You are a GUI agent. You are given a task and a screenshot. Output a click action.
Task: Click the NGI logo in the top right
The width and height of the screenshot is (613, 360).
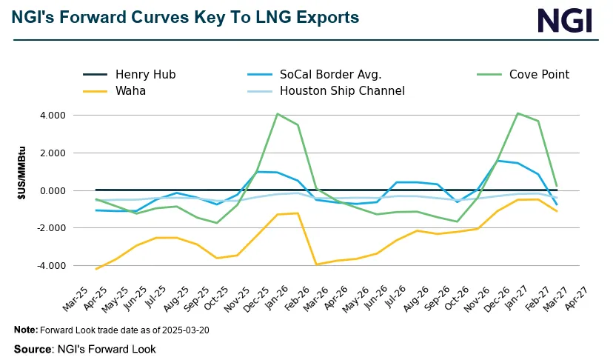click(x=564, y=20)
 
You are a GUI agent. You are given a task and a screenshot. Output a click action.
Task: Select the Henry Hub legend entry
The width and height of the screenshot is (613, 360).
click(x=145, y=74)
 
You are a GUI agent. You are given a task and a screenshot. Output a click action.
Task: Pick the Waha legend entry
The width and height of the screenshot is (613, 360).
click(x=130, y=92)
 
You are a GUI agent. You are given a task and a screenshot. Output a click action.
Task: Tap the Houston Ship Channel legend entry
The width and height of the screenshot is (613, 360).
click(x=342, y=92)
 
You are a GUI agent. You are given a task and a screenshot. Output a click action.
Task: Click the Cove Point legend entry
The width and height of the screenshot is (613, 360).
click(x=539, y=74)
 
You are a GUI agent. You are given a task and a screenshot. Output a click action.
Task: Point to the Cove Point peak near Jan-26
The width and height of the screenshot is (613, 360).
click(x=277, y=114)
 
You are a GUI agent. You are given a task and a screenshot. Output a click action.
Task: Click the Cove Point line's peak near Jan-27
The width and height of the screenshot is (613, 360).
click(x=517, y=113)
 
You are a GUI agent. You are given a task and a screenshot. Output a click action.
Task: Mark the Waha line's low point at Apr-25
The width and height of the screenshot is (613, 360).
click(x=96, y=269)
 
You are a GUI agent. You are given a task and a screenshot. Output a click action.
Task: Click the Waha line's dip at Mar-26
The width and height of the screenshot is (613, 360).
click(x=318, y=264)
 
